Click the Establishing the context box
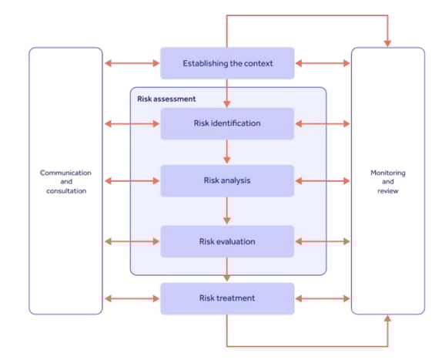coord(227,63)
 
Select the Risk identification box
coord(227,123)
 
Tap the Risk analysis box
coord(227,180)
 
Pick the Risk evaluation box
coord(227,241)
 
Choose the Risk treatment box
coord(227,298)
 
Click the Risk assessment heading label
coord(166,99)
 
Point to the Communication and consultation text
coord(65,181)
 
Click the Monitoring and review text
coord(387,181)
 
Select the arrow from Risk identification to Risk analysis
coord(227,152)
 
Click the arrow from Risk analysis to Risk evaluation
coord(227,210)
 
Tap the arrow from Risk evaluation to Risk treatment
coord(227,270)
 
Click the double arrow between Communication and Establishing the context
coord(132,63)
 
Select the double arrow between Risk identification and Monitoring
coord(322,123)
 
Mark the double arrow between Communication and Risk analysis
coord(132,181)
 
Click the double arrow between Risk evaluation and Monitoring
coord(322,241)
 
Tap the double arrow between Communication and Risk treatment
coord(132,298)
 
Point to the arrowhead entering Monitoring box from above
coord(387,42)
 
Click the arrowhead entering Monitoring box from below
coord(387,320)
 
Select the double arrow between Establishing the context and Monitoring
coord(322,63)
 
